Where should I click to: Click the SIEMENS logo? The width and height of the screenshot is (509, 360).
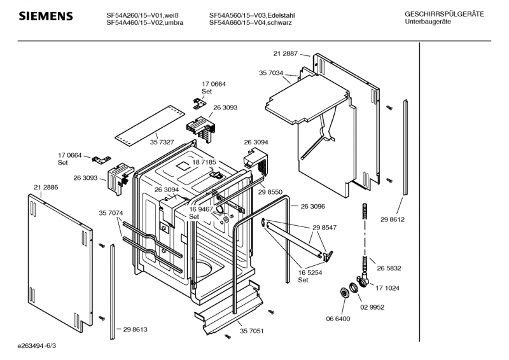click(46, 17)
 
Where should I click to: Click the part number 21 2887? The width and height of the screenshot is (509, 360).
click(285, 53)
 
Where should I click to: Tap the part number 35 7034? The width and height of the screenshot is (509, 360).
click(271, 73)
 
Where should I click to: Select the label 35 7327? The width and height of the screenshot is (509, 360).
click(162, 142)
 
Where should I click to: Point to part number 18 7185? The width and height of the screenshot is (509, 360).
click(204, 162)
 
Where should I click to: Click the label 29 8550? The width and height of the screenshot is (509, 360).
click(270, 192)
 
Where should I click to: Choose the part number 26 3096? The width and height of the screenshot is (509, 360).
click(312, 207)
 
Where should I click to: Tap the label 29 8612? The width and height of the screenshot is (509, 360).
click(393, 220)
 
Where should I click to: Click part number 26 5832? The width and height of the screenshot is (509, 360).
click(389, 268)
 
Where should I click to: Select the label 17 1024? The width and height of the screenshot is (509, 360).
click(387, 288)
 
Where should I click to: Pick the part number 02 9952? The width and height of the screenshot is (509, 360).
click(372, 307)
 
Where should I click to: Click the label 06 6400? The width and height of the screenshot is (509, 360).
click(338, 319)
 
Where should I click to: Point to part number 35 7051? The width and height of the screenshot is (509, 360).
click(251, 331)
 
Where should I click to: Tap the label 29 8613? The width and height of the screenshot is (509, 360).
click(135, 330)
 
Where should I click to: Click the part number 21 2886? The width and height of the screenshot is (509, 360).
click(46, 187)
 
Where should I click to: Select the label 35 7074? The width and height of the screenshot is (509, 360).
click(111, 213)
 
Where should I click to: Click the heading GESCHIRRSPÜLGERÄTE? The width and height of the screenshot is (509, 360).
click(444, 14)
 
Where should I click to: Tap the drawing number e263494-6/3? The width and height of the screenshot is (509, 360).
click(37, 346)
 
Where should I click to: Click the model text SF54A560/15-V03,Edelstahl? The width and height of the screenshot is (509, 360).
click(252, 15)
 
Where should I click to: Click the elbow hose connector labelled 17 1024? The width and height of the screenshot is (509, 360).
click(363, 280)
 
